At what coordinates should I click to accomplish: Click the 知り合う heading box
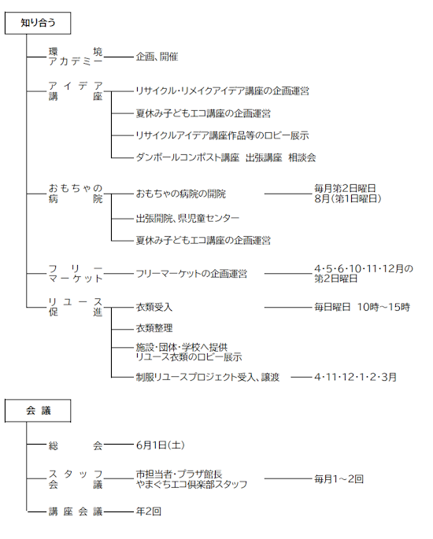click(x=38, y=23)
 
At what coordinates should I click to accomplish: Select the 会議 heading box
click(x=38, y=411)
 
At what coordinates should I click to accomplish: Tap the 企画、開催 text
click(x=157, y=57)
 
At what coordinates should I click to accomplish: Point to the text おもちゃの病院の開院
click(x=180, y=194)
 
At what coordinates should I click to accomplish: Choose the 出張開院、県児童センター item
click(x=187, y=218)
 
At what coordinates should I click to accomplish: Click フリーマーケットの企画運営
click(x=191, y=274)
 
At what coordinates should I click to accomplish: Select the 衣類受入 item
click(x=154, y=307)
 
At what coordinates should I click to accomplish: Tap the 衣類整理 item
click(x=154, y=328)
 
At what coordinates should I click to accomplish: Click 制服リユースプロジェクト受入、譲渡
click(x=207, y=377)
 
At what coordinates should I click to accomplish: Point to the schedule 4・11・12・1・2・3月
click(x=355, y=377)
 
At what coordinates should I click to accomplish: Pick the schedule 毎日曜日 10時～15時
click(x=362, y=307)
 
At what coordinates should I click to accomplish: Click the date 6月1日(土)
click(x=161, y=445)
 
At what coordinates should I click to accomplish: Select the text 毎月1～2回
click(x=339, y=479)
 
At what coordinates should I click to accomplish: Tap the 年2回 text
click(x=149, y=511)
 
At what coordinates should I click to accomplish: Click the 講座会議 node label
click(x=76, y=511)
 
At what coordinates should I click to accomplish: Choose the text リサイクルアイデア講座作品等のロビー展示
click(x=222, y=135)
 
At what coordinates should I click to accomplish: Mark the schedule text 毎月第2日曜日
click(x=345, y=188)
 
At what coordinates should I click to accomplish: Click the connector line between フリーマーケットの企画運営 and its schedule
click(x=288, y=274)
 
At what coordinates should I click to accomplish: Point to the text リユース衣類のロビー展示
click(x=189, y=357)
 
